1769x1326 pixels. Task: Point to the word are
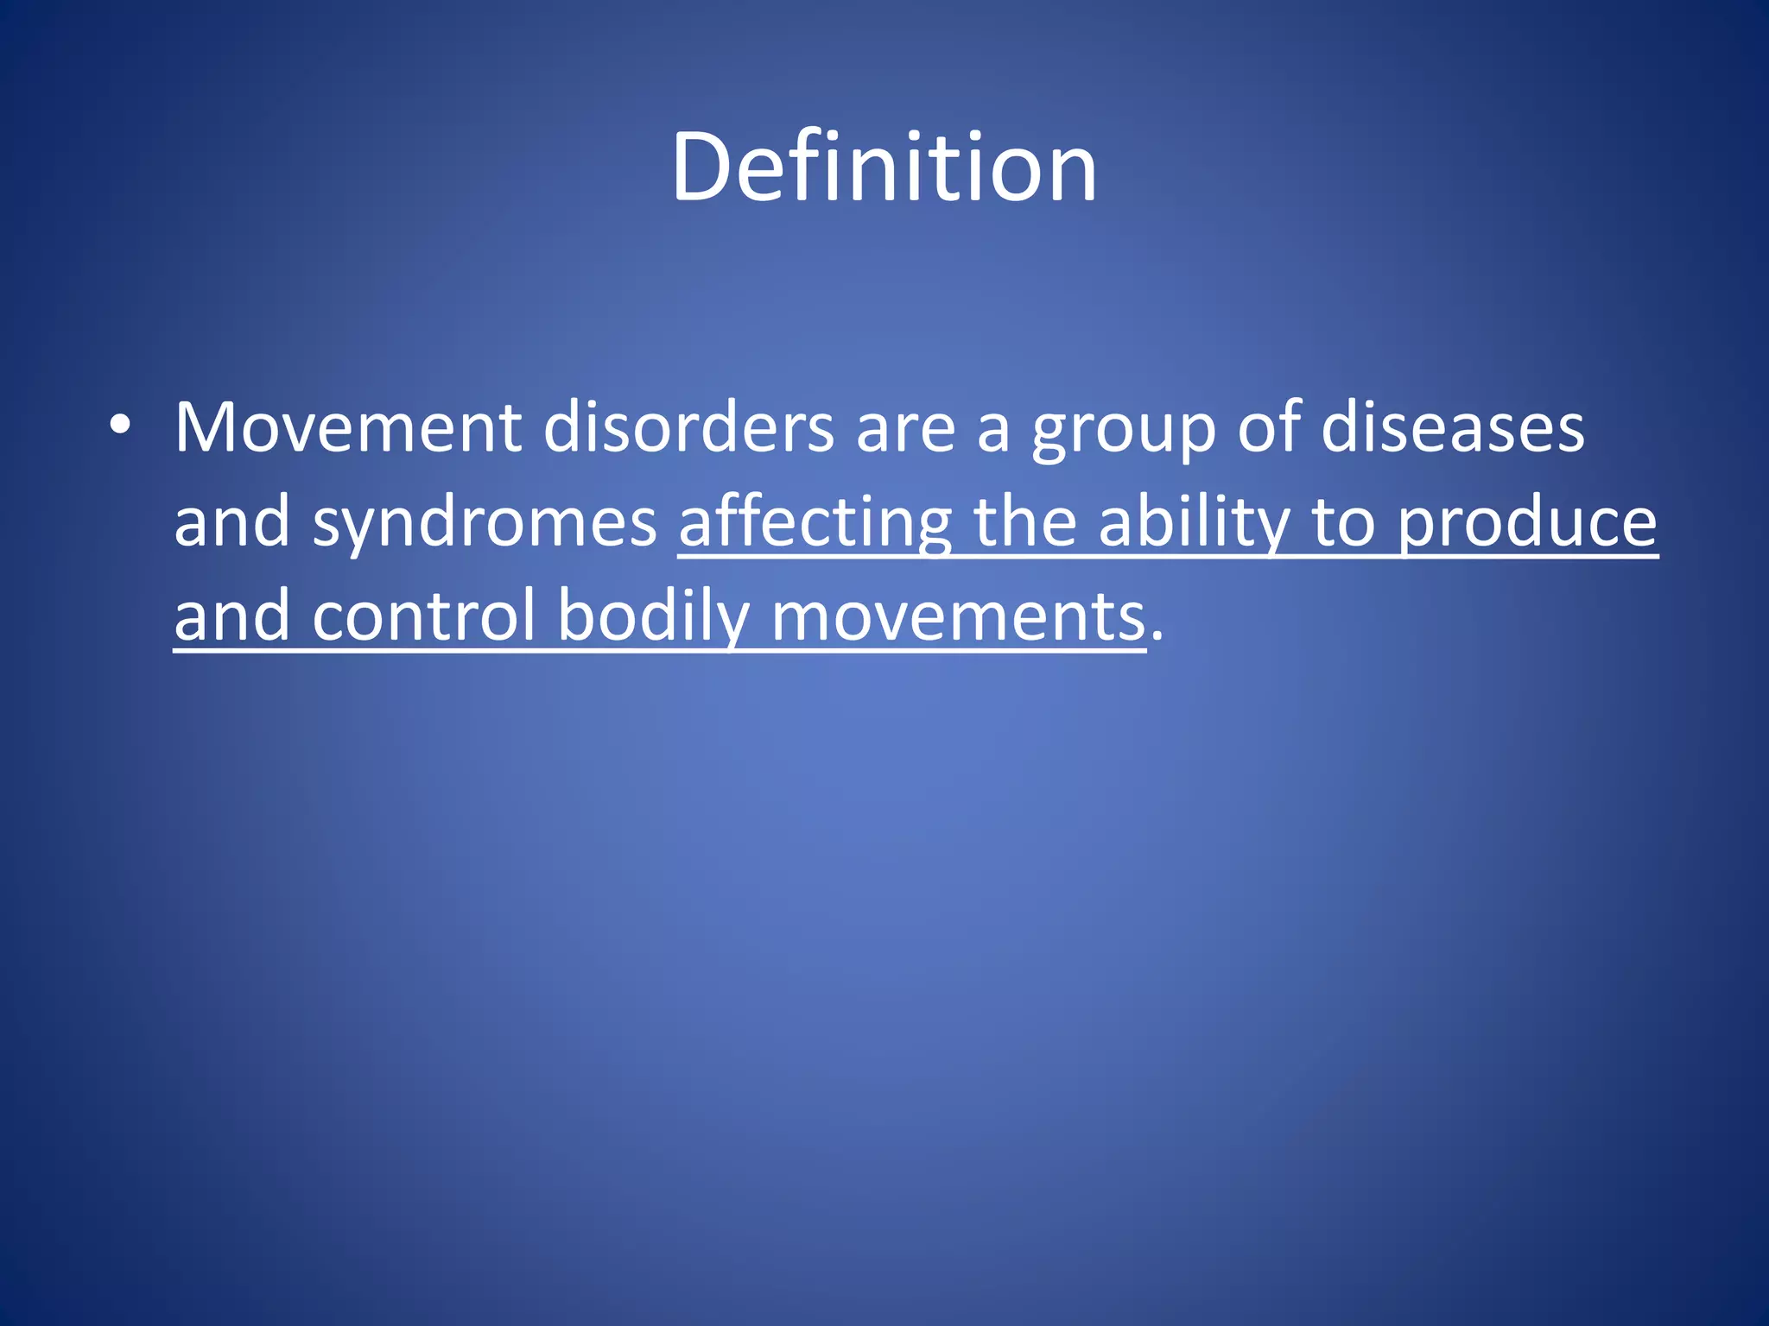click(905, 430)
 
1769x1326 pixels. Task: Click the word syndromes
click(485, 525)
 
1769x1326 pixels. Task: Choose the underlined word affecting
click(815, 525)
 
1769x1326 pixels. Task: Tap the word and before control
click(231, 616)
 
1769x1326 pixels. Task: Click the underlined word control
click(423, 616)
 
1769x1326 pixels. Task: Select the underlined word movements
click(958, 618)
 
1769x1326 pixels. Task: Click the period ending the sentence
click(1157, 637)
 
